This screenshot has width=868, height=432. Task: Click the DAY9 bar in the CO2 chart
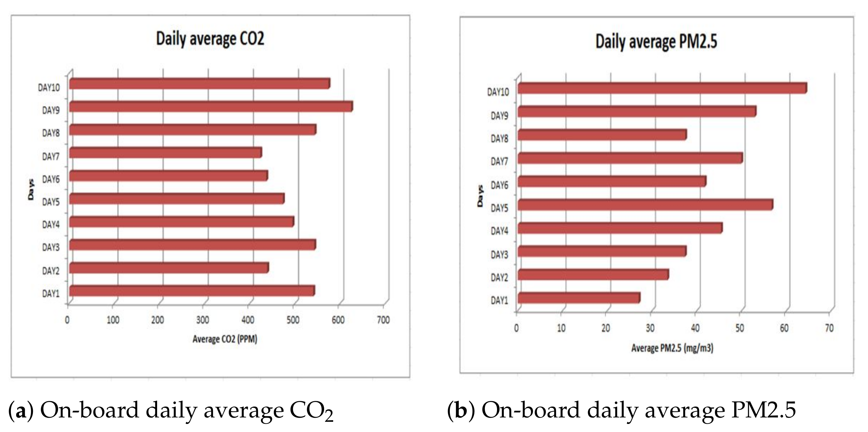pos(210,107)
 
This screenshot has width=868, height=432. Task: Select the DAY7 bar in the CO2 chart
pos(165,153)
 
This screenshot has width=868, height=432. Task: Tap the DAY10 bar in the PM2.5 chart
pos(662,88)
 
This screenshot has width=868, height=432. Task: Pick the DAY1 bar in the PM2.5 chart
pos(579,298)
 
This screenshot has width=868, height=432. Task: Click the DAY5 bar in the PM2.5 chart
pos(645,205)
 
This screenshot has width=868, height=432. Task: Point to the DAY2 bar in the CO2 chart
pos(169,268)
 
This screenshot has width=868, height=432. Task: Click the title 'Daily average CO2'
pos(210,39)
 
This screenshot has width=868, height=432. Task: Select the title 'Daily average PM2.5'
pos(656,42)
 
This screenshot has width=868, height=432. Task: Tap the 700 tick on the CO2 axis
pos(383,320)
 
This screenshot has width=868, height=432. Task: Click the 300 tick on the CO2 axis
pos(202,320)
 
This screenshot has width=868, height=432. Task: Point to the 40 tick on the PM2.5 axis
pos(695,328)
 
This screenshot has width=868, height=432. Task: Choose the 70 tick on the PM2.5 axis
pos(829,328)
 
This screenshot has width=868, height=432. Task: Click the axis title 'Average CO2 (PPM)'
pos(225,339)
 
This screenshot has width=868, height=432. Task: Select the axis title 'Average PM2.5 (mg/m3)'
pos(672,348)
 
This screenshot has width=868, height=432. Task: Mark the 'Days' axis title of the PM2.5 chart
pos(480,196)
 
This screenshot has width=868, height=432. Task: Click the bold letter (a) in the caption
pos(21,411)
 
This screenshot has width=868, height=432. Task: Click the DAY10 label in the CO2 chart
pos(48,88)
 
